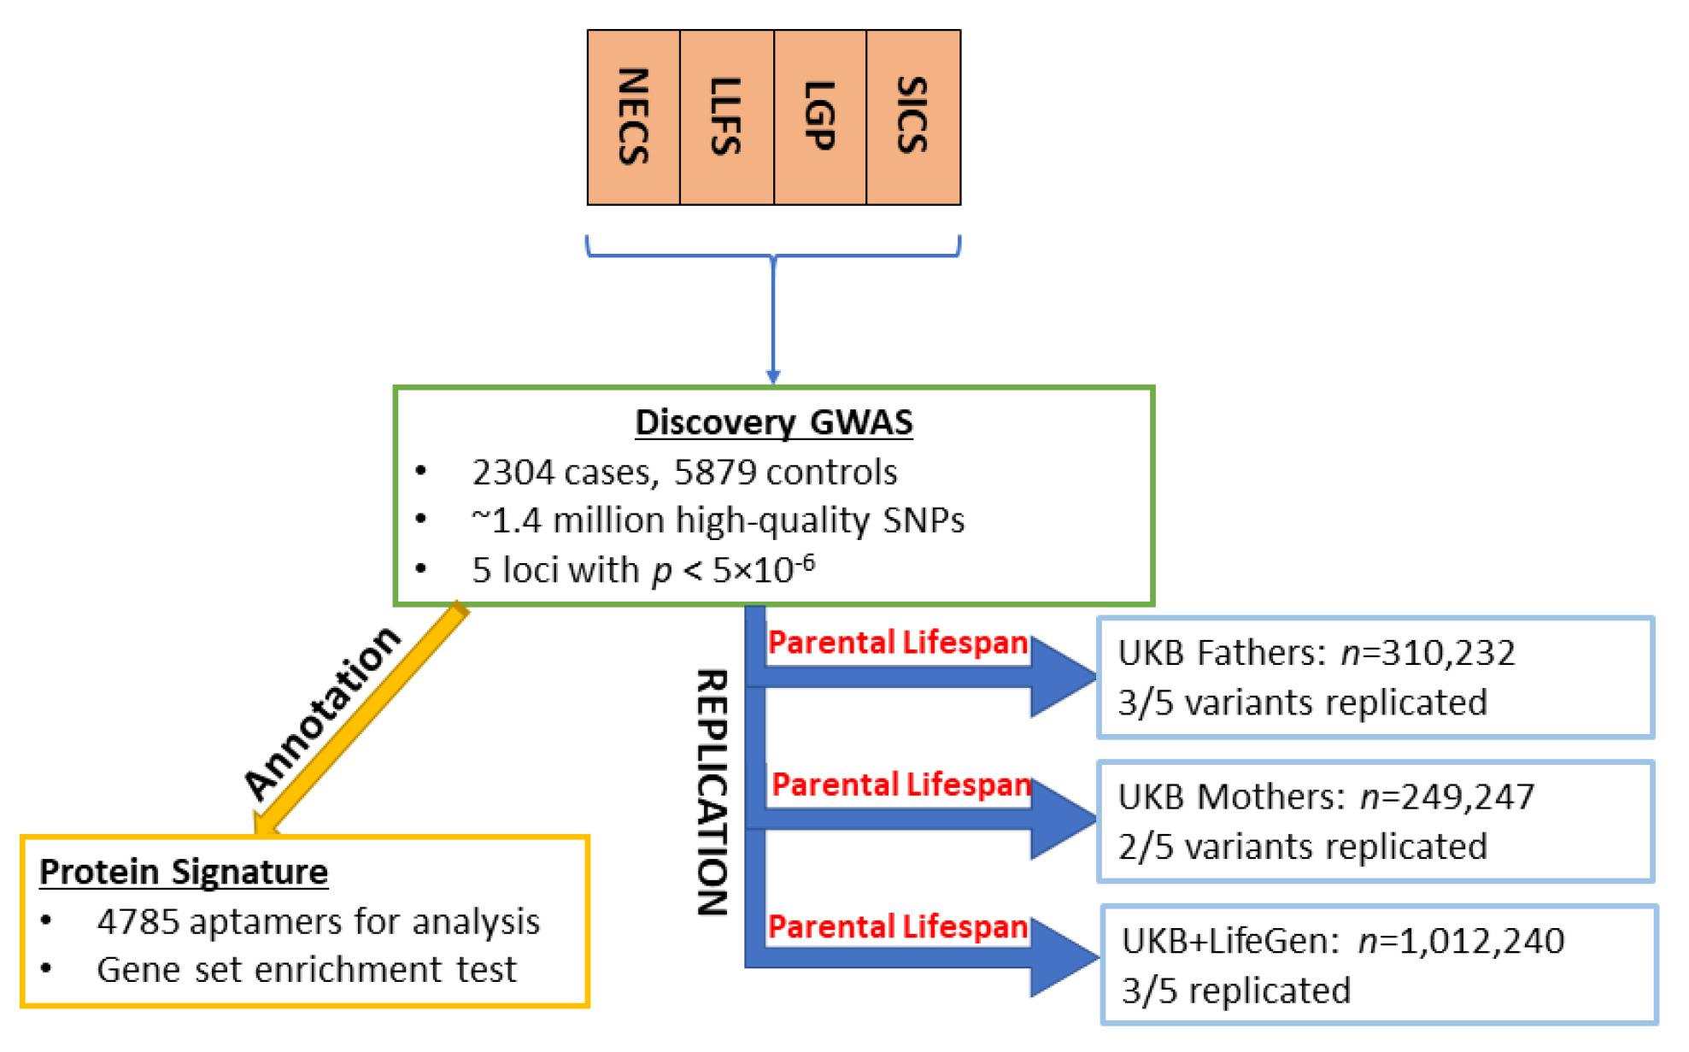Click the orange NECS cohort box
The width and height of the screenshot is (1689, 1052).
click(x=633, y=117)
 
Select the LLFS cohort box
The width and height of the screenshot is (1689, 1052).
click(x=726, y=117)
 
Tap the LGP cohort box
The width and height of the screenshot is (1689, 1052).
click(x=819, y=117)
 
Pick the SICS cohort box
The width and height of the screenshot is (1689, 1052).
click(x=912, y=117)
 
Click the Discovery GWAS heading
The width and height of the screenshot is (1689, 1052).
click(x=773, y=422)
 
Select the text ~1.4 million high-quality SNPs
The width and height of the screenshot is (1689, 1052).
click(x=718, y=520)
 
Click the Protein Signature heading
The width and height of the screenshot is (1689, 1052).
click(x=184, y=872)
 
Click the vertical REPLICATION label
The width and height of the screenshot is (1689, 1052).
click(x=712, y=792)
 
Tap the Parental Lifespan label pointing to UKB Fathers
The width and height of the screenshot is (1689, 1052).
click(x=897, y=643)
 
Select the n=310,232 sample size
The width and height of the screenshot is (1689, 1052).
click(x=1428, y=653)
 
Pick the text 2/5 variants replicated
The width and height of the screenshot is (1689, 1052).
click(x=1302, y=847)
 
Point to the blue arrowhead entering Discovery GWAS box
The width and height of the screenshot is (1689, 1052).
click(x=773, y=377)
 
